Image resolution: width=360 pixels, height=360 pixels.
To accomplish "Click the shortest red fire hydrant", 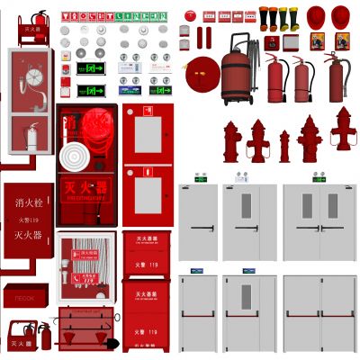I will pyautogui.click(x=284, y=147).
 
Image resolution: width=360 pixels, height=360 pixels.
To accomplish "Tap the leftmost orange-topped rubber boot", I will pyautogui.click(x=265, y=17).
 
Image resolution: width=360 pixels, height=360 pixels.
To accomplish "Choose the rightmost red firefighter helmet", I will pyautogui.click(x=341, y=16).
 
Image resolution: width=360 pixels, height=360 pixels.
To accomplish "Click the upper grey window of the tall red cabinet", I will pyautogui.click(x=144, y=135).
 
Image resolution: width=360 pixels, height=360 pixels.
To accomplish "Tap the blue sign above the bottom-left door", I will pyautogui.click(x=197, y=270).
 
